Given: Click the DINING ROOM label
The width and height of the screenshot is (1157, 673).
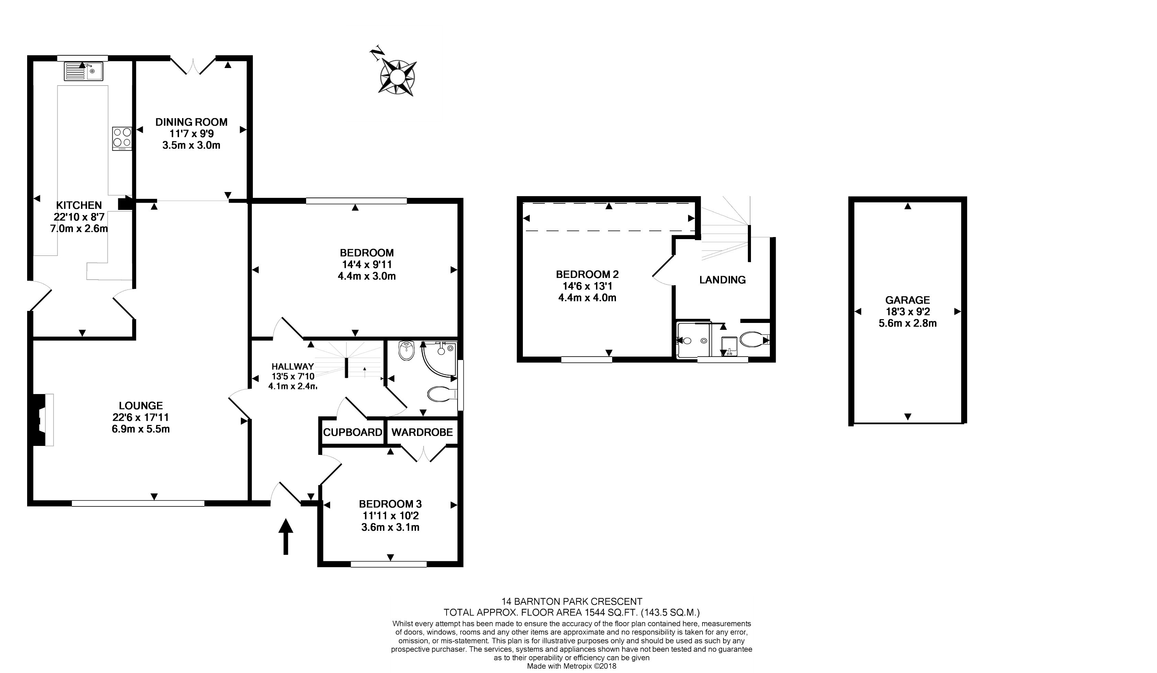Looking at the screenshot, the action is (191, 122).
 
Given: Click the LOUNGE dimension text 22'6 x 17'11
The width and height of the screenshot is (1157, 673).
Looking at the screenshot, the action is (141, 417).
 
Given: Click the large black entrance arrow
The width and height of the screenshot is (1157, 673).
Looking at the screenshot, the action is (285, 536).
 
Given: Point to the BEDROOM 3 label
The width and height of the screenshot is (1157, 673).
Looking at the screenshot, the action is (390, 504).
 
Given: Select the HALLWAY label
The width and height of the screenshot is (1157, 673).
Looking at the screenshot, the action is (292, 366).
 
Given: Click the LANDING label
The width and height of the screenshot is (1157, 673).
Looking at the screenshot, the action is (722, 280).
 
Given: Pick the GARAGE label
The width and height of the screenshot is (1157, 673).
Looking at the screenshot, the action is (908, 300).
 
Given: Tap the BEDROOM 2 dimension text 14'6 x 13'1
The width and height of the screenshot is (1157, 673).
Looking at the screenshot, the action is (587, 286).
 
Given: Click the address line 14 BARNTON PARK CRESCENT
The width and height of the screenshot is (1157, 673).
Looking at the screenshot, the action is (572, 602).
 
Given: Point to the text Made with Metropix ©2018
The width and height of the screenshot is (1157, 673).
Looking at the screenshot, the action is (572, 666).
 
